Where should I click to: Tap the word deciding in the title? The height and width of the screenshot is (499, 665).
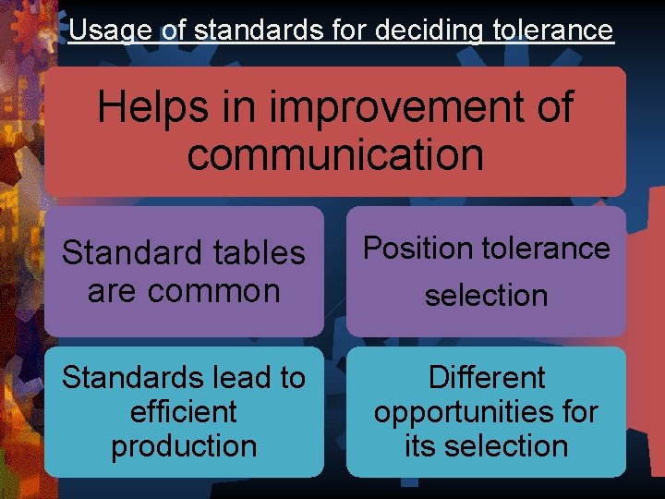tap(429, 30)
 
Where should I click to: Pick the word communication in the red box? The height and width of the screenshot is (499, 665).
tap(335, 154)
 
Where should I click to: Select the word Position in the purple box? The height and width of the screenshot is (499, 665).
tap(417, 248)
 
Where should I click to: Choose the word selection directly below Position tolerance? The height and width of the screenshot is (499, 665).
tap(486, 296)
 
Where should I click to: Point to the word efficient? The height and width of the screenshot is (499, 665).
tap(184, 411)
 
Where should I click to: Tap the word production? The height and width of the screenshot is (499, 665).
tap(184, 445)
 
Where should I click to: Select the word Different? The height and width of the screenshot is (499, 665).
tap(486, 378)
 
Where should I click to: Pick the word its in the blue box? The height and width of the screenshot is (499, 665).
tap(420, 445)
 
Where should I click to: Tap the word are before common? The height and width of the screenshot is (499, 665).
tap(112, 291)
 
